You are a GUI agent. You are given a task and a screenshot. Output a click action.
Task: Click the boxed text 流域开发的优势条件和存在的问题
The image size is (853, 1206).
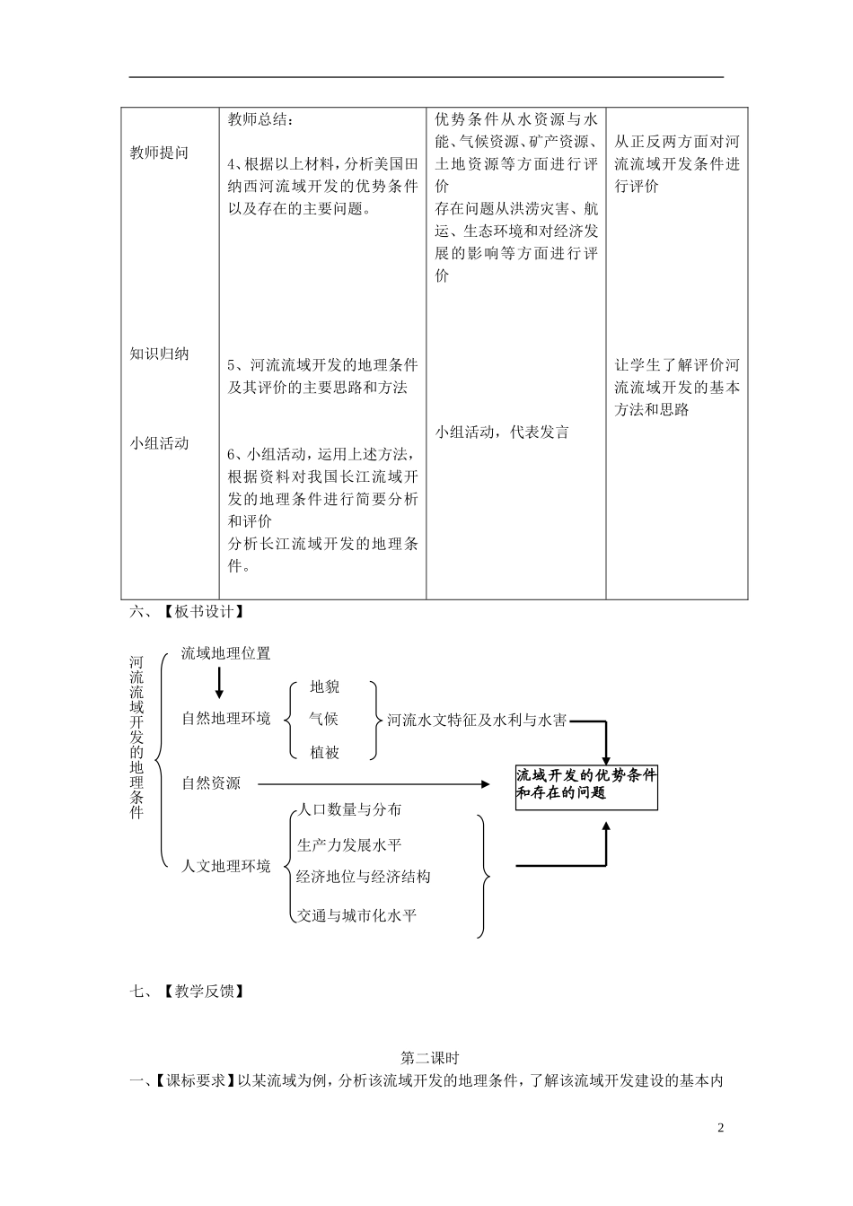coord(586,783)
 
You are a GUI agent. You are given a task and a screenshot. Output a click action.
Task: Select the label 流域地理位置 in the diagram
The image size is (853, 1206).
coord(225,653)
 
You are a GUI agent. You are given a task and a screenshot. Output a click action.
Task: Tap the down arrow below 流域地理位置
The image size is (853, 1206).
coord(219,684)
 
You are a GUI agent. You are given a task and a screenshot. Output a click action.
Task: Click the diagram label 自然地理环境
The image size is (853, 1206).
coord(225,719)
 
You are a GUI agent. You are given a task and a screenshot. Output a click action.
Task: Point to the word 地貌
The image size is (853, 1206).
coord(324,686)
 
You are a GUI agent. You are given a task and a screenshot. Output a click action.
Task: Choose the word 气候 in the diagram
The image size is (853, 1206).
coord(324,719)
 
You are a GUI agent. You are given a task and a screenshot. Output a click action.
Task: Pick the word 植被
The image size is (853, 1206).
coord(324,753)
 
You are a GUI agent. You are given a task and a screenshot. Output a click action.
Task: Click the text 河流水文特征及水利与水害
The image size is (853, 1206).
coord(477,720)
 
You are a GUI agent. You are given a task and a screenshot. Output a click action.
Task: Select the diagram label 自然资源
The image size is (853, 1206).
coord(211,783)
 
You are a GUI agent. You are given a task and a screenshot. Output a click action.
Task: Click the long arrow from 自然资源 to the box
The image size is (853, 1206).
coord(373,783)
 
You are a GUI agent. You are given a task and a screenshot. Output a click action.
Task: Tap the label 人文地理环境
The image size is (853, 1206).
coord(225,866)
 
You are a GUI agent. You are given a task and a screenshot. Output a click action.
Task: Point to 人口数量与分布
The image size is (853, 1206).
coord(349,809)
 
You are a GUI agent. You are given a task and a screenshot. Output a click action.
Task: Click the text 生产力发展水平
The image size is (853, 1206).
coord(349,844)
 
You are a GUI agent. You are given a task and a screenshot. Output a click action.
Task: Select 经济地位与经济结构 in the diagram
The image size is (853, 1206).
coord(364,877)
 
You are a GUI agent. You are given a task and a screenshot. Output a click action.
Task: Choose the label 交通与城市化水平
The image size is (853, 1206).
coord(356,915)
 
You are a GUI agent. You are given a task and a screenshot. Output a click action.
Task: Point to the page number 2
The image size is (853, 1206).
coord(720,1128)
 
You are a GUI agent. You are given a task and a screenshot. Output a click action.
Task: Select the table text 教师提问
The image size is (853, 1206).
coord(159,153)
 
